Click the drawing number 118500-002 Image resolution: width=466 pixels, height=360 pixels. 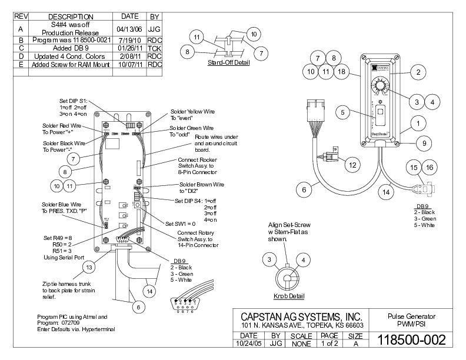[411, 339]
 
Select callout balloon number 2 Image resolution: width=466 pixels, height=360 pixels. [417, 73]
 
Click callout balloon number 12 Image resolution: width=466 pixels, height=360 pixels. [352, 165]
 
